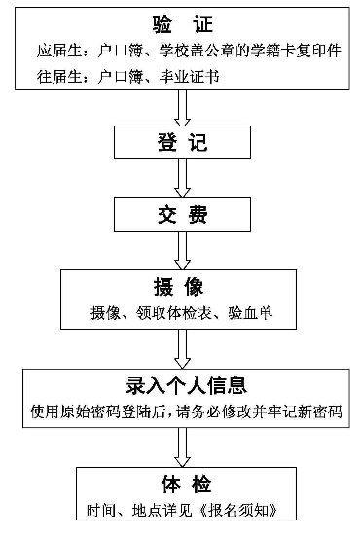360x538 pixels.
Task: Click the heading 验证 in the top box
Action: (181, 23)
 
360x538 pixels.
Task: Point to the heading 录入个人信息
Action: (181, 384)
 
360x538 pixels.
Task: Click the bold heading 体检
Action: (181, 484)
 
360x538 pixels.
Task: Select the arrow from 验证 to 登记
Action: (181, 107)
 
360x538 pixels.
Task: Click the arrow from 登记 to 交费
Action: (181, 179)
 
